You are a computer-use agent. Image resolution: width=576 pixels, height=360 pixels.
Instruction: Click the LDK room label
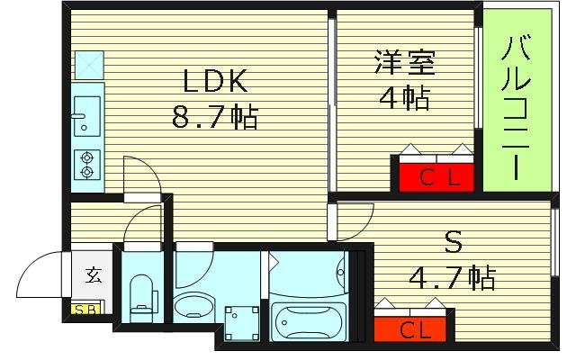[x=215, y=82]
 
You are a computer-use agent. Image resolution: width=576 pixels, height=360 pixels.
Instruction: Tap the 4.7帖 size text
[x=455, y=278]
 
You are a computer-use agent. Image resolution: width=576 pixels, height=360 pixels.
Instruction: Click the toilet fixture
[x=140, y=297]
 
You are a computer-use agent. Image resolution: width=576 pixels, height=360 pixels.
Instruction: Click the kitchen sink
[x=86, y=113]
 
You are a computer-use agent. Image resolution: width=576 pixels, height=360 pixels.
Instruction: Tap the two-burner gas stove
[x=87, y=163]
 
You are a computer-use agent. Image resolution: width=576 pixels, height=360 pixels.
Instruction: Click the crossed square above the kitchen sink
[x=88, y=63]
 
